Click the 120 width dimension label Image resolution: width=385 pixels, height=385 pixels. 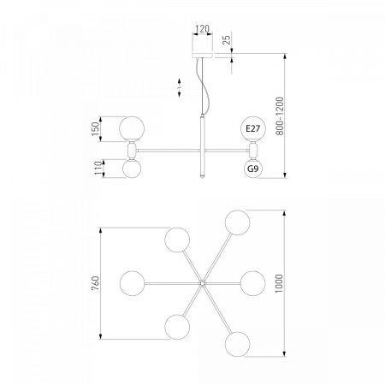[203, 29]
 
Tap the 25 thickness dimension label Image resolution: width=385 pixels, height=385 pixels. [227, 40]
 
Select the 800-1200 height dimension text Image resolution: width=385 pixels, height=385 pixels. [280, 116]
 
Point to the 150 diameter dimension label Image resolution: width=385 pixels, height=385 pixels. [96, 129]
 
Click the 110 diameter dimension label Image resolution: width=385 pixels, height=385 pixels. [98, 169]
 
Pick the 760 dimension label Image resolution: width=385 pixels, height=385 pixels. [96, 283]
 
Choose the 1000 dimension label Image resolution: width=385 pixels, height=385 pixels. [279, 283]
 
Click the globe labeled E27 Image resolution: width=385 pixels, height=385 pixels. [253, 128]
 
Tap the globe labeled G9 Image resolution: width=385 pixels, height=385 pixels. [253, 169]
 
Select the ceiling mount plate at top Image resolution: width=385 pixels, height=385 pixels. [203, 55]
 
